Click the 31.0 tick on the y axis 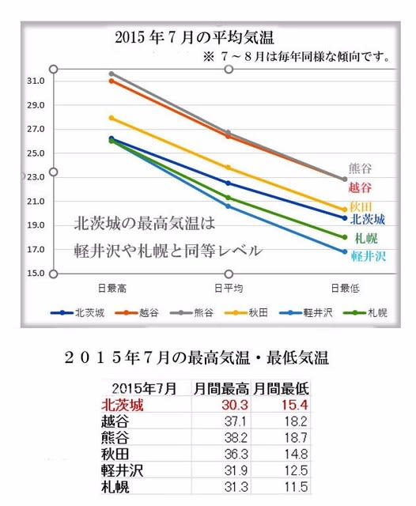point(36,81)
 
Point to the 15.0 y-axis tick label point(36,274)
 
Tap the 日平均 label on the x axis point(229,288)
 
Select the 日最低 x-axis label point(345,288)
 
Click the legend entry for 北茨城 point(78,312)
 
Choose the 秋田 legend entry point(246,312)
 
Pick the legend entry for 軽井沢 point(305,312)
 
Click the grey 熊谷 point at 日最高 point(112,74)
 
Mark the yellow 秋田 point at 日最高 point(112,118)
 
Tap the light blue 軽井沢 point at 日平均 point(229,206)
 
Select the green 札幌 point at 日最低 point(345,237)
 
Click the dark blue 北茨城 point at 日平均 point(229,183)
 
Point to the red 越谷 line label point(360,187)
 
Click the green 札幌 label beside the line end point(366,239)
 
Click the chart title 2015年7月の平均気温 point(195,37)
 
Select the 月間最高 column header point(221,388)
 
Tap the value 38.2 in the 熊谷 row point(236,438)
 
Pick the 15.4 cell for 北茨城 point(295,405)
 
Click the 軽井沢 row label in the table point(122,470)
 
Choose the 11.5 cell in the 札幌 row point(296,487)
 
